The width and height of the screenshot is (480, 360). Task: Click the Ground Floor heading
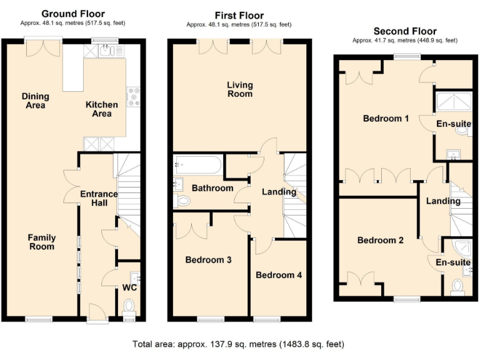point(73,14)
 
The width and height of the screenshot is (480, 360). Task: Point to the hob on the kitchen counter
point(133,96)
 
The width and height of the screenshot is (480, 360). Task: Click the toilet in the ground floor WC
point(129,306)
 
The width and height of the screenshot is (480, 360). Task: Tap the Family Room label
point(42,242)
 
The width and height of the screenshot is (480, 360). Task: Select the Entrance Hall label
point(99,198)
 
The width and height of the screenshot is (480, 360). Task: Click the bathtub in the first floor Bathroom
point(197,165)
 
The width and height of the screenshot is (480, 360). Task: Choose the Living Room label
point(239,89)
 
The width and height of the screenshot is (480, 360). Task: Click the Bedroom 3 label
point(209,260)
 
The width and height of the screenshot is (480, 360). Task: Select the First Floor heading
point(239,16)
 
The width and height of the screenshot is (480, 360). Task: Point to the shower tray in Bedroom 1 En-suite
point(452,102)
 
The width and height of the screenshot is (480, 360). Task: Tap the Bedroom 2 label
point(380,240)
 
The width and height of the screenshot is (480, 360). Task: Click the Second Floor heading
point(405,31)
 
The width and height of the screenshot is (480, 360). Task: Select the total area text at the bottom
point(238,344)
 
